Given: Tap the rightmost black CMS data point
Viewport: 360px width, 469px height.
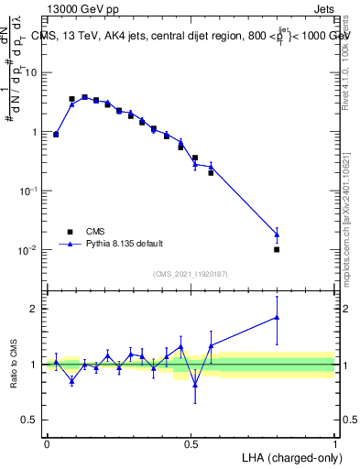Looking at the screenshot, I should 277,249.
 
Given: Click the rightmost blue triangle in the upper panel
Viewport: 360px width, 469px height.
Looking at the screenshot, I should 277,234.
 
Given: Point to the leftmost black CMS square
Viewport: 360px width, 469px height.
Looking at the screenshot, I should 56,135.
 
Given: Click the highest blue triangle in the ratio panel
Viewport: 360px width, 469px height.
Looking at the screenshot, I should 277,318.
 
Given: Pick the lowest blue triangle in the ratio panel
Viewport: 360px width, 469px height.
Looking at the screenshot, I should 195,385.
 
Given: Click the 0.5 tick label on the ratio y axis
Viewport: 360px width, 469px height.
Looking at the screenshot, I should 32,421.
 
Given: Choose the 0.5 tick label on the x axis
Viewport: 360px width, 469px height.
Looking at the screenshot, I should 191,443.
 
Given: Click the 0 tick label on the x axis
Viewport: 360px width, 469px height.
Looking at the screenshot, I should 47,443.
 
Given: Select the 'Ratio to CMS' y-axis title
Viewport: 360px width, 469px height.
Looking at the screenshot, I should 13,365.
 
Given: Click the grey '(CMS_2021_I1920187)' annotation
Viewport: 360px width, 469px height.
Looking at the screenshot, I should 191,273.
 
